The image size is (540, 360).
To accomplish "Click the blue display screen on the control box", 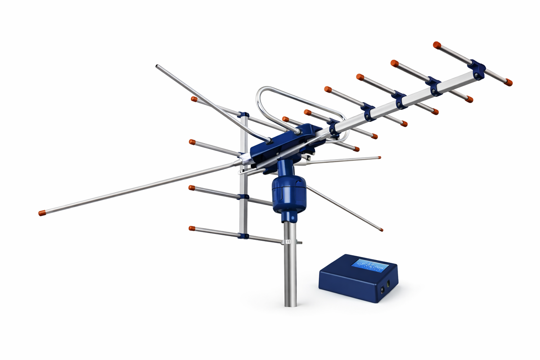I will tap(370, 265).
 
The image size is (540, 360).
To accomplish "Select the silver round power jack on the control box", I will tap(382, 289).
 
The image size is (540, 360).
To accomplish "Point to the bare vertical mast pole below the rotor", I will tap(290, 270).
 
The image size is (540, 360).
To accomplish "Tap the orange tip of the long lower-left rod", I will tap(42, 213).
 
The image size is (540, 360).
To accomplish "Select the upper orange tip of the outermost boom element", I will tap(436, 45).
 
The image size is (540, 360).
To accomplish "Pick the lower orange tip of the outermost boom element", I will tap(508, 82).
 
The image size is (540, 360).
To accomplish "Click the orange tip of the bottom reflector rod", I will tap(192, 229).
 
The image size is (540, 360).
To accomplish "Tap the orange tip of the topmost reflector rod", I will tap(194, 99).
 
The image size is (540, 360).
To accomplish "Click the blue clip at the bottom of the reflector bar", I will tap(243, 235).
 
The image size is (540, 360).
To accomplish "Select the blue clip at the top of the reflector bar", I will tap(243, 115).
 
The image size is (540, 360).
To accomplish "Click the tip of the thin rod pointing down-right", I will tap(381, 230).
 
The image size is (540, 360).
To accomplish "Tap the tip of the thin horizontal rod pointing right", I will tap(379, 157).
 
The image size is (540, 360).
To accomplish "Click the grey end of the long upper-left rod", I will tap(158, 67).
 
